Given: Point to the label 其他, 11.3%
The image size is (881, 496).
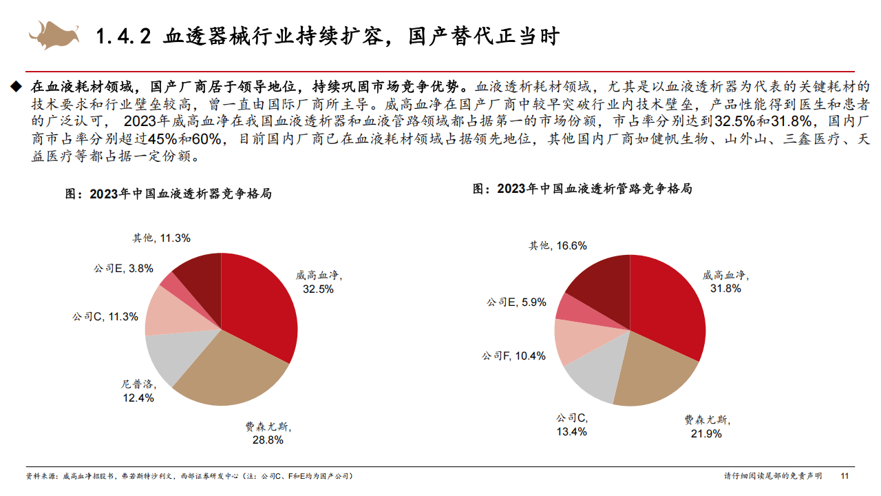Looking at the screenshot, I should coord(161,238).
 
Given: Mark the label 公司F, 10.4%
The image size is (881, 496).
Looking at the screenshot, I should coord(513,355).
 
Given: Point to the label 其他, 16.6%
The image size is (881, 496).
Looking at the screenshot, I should coord(558,245).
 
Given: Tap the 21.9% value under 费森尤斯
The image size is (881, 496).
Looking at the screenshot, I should coord(706,433).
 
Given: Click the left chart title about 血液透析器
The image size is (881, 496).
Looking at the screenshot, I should coord(168,194).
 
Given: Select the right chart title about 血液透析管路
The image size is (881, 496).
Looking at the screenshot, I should coord(582,189).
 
